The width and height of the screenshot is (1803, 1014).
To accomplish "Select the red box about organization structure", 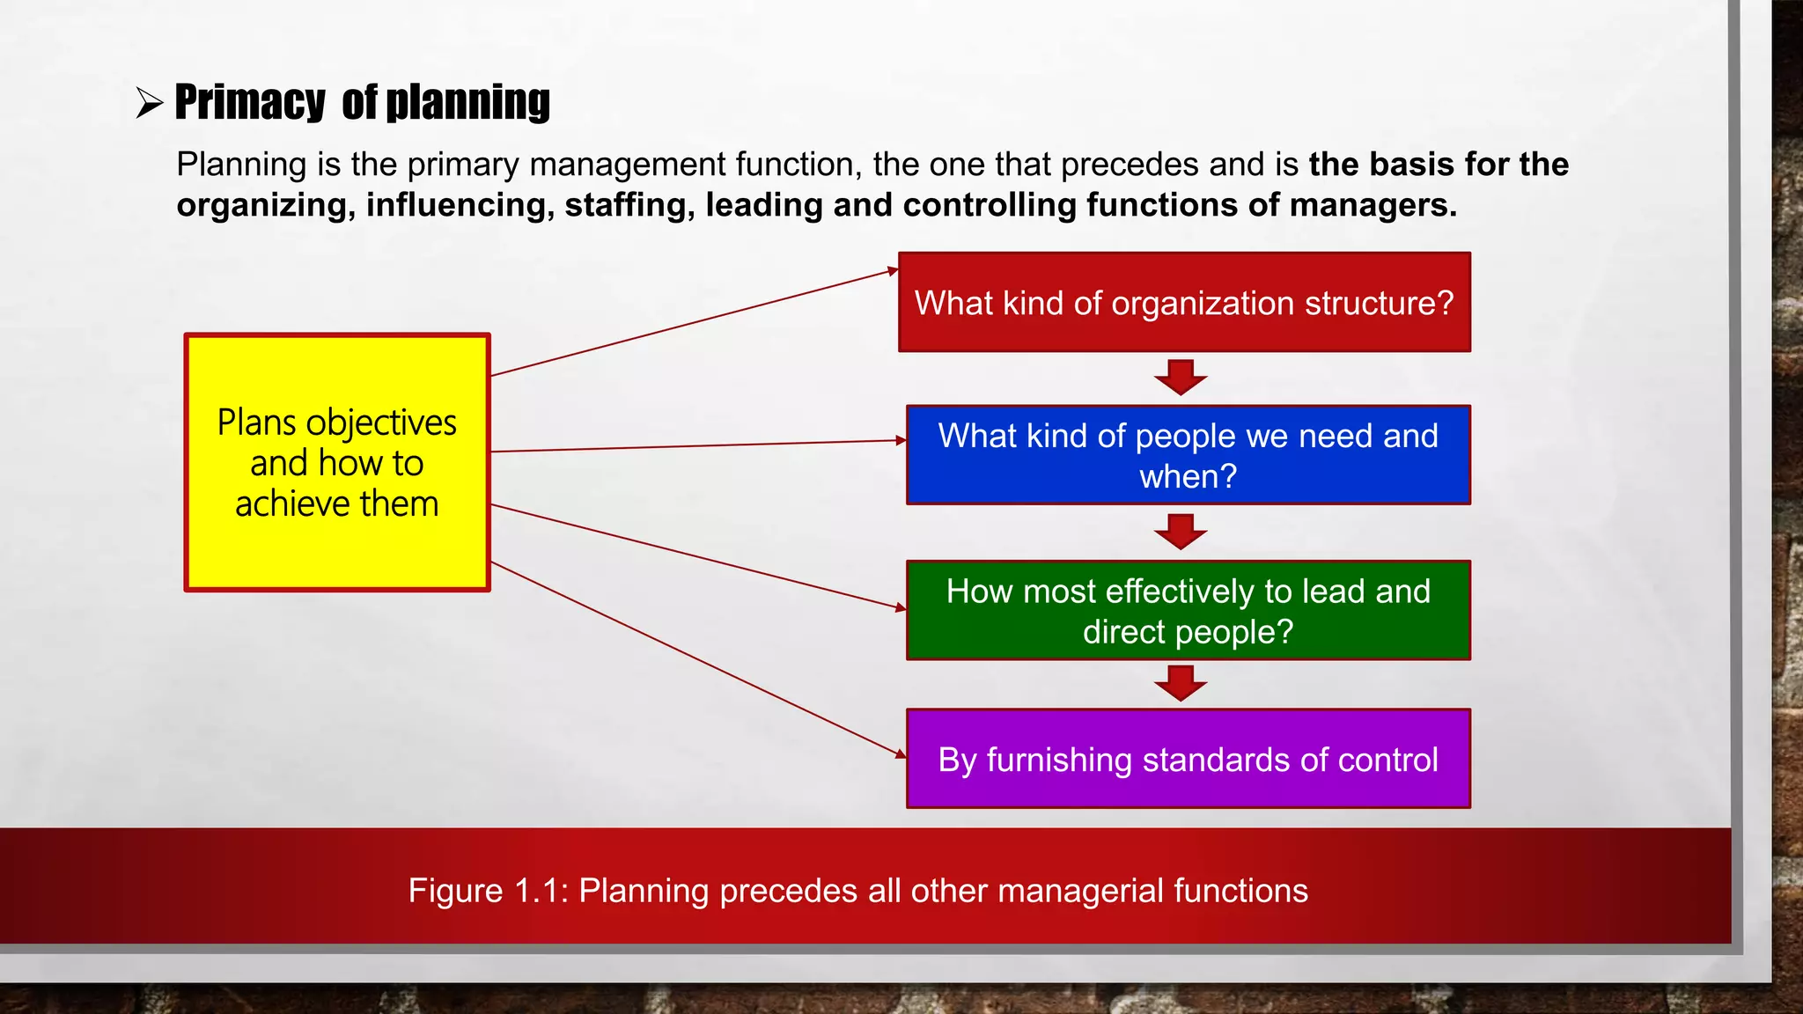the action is tap(1184, 303).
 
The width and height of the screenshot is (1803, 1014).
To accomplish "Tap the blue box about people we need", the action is tap(1188, 455).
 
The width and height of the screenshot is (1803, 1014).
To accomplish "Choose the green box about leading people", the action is tap(1188, 610).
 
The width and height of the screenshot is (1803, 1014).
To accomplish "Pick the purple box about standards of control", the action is tap(1188, 759).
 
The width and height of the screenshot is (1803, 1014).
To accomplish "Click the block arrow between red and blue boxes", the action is tap(1181, 377).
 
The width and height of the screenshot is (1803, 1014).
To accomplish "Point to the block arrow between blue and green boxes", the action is tap(1181, 532).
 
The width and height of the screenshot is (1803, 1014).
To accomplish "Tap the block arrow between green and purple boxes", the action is tap(1181, 683).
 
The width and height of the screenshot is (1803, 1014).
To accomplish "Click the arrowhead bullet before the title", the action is tap(150, 103).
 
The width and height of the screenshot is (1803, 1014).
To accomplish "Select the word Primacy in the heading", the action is tap(250, 102).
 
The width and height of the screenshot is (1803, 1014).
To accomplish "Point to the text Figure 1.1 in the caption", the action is tap(489, 891).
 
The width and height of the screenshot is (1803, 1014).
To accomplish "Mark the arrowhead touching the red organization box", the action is tap(892, 272).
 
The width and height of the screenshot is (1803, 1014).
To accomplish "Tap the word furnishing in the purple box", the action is tap(1059, 760).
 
